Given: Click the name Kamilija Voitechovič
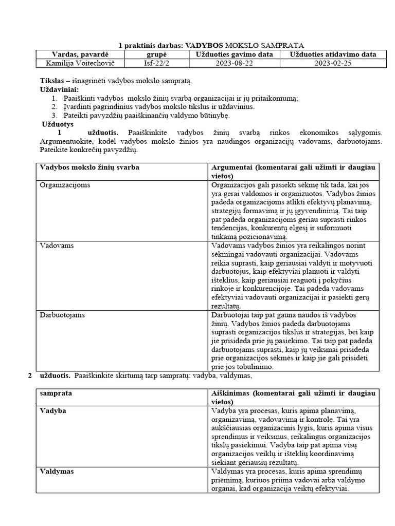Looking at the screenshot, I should coord(78,63).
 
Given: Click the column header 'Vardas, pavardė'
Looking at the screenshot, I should coord(78,54).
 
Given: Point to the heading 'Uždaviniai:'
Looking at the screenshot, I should coord(59,90).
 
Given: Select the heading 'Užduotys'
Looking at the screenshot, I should coord(58,124).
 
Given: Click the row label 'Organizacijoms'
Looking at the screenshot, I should coord(65,185).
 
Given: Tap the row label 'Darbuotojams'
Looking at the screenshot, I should coord(62,314).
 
